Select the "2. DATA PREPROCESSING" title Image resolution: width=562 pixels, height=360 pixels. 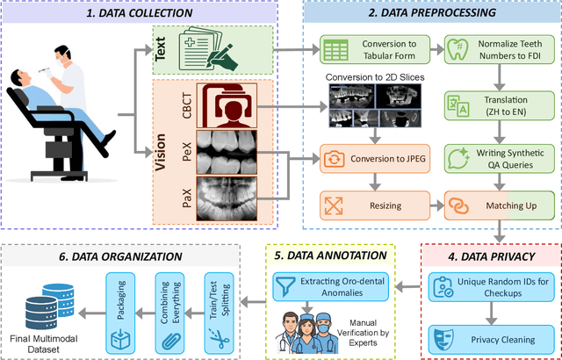click(x=429, y=14)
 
